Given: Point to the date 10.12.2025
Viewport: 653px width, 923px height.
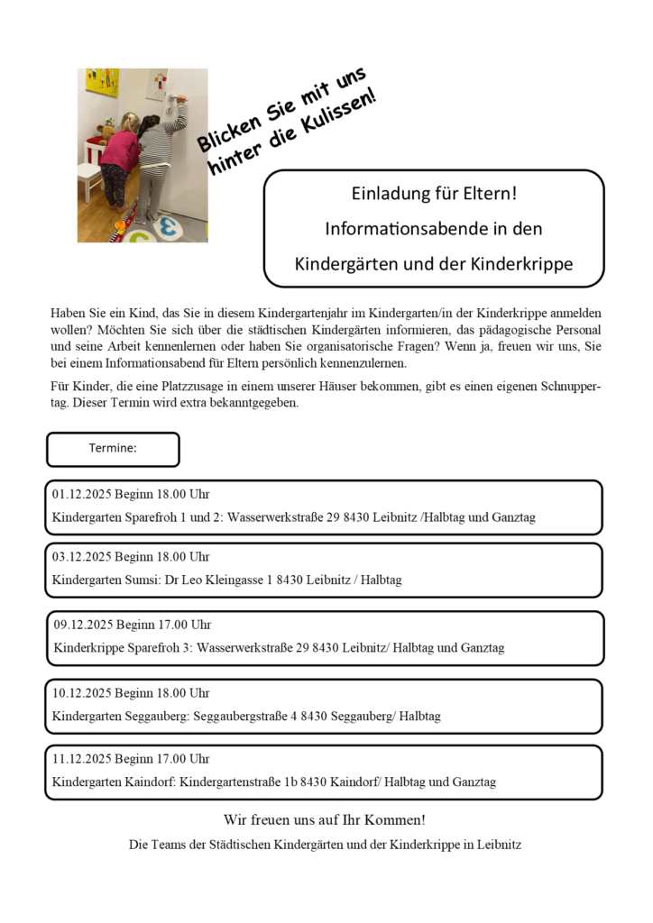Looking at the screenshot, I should click(81, 693).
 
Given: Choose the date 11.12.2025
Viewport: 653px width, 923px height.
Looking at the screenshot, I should click(81, 759).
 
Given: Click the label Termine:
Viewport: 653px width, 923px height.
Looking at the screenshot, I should click(113, 448).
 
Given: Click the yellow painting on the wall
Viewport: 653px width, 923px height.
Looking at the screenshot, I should click(102, 82).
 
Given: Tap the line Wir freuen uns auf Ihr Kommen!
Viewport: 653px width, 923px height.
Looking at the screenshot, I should click(325, 820).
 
